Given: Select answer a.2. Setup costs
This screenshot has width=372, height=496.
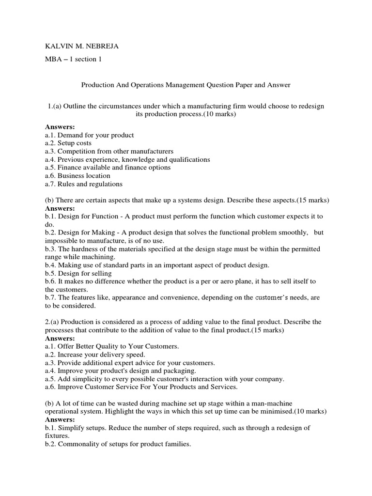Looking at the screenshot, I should [x=68, y=143].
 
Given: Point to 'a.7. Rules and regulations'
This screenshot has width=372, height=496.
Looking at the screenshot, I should [x=84, y=184].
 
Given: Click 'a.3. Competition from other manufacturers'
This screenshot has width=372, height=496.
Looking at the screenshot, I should [x=109, y=152].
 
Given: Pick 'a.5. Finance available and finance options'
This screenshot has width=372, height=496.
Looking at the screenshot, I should [x=108, y=168].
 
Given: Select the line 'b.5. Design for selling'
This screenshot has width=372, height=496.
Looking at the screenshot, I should [x=78, y=273].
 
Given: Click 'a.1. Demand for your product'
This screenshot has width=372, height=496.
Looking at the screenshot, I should [x=90, y=135].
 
